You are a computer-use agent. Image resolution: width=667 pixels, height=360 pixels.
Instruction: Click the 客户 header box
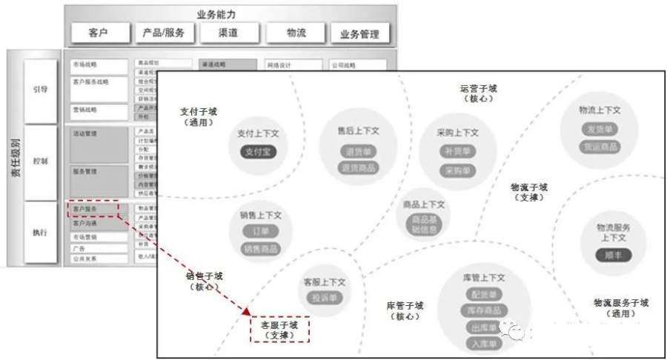pos(99,33)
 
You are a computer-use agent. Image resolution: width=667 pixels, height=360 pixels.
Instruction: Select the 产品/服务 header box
pos(164,33)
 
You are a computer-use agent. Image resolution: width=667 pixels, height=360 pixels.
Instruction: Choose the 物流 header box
pos(295,33)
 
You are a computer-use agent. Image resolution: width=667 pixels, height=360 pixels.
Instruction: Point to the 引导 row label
pos(40,88)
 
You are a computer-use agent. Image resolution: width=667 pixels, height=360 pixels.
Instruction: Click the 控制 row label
pos(40,161)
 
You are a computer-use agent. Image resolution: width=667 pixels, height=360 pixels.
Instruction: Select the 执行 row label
pos(40,232)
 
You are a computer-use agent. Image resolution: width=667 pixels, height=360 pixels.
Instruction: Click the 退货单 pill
pos(358,151)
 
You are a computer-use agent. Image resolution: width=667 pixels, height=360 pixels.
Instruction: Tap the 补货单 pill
pos(457,151)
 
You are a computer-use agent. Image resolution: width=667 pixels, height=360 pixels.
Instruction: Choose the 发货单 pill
pos(599,130)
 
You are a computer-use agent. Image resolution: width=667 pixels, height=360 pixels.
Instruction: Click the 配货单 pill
pos(483,293)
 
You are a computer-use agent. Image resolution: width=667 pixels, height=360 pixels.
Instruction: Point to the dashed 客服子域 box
pos(279,330)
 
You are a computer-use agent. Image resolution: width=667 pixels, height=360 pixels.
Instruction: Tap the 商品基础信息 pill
pos(424,225)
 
